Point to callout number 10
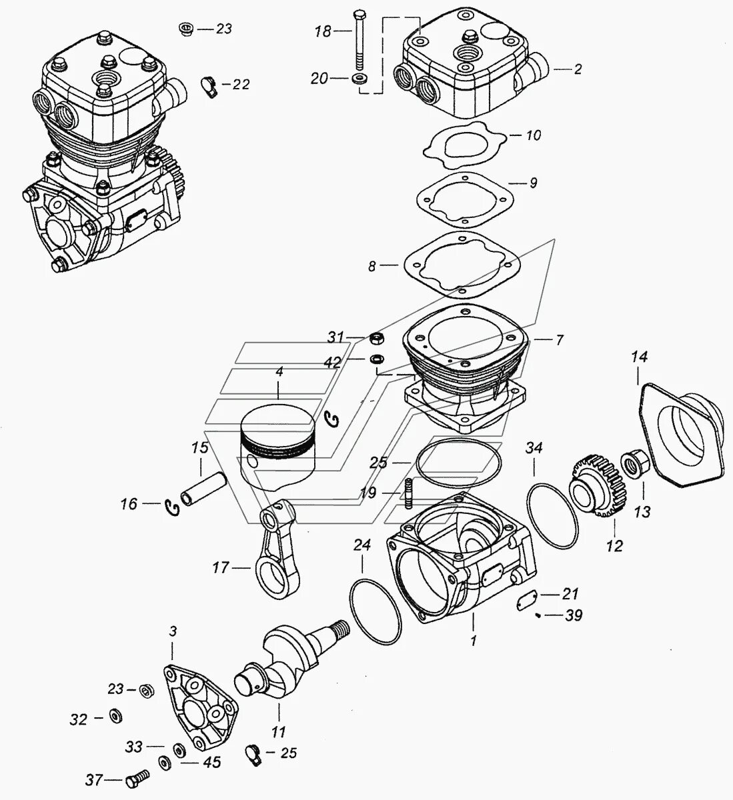[x=533, y=135]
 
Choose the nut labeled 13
[x=631, y=462]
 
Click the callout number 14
[x=640, y=358]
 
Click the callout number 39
[x=573, y=615]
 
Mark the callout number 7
[x=559, y=340]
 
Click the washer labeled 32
[x=114, y=717]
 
